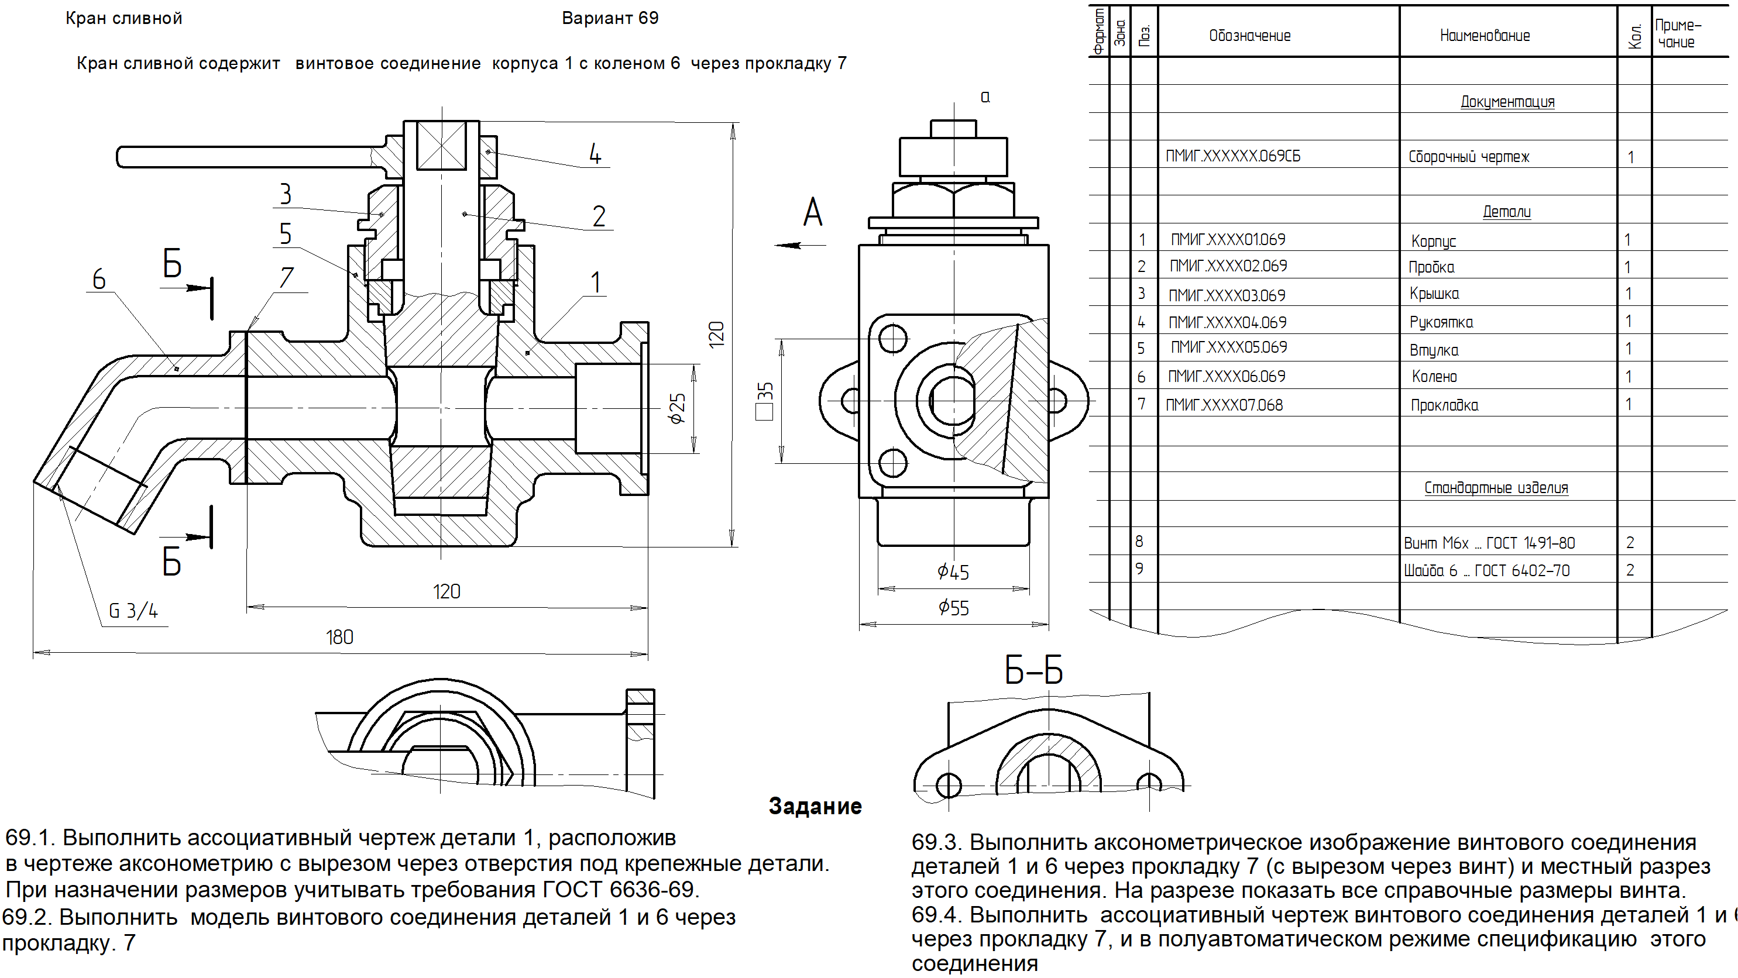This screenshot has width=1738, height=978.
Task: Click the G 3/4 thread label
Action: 133,611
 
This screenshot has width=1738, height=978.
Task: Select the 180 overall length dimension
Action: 339,638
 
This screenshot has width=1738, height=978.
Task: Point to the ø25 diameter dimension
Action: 676,408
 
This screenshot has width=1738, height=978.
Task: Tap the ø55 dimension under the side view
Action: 953,608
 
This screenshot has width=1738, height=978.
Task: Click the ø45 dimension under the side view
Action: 953,573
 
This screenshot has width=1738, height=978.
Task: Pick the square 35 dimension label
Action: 764,401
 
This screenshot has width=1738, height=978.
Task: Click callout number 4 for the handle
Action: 595,154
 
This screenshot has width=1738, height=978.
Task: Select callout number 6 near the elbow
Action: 99,279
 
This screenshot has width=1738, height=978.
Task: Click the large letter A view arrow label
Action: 813,212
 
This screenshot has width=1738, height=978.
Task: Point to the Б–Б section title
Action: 1033,671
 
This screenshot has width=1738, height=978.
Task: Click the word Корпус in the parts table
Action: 1434,241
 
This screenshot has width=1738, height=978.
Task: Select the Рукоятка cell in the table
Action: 1441,322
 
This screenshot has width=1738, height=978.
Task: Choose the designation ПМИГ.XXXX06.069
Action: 1227,376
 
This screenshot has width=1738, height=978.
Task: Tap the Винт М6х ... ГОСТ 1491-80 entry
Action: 1489,543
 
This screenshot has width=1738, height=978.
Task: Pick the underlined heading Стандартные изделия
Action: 1496,488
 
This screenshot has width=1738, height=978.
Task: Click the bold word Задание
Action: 815,806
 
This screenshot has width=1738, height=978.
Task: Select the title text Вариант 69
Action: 610,18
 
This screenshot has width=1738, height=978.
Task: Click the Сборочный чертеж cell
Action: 1468,157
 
